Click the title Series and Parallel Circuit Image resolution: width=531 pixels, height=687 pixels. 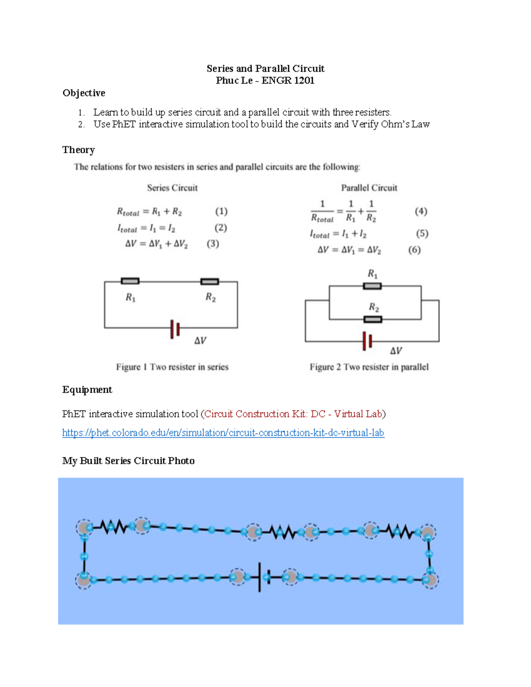click(x=265, y=69)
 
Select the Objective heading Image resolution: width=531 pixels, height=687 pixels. click(x=84, y=93)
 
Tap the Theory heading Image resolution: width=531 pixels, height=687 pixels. click(x=78, y=150)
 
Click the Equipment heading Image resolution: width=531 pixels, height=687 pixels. click(x=87, y=390)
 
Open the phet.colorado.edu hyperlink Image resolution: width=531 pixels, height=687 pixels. click(x=223, y=433)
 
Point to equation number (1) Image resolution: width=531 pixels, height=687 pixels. click(x=221, y=211)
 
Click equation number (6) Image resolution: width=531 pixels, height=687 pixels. click(x=414, y=250)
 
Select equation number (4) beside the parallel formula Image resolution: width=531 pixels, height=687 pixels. click(x=421, y=211)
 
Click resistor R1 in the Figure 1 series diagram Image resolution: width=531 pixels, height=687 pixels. click(x=130, y=281)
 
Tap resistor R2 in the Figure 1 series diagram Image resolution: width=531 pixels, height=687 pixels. click(x=209, y=281)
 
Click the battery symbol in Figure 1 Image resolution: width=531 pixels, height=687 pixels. click(x=175, y=329)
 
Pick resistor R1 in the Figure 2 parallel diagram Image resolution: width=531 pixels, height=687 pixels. click(x=372, y=286)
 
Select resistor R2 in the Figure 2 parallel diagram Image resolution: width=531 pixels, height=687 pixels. click(x=373, y=319)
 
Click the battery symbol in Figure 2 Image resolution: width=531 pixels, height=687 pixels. click(x=367, y=341)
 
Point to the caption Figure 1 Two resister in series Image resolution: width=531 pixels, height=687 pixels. click(x=172, y=367)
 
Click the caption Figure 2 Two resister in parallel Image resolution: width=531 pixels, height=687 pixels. click(x=369, y=367)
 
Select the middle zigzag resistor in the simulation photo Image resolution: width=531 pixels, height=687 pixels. click(x=283, y=532)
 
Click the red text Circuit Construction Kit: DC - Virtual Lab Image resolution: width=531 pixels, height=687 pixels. click(x=293, y=414)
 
